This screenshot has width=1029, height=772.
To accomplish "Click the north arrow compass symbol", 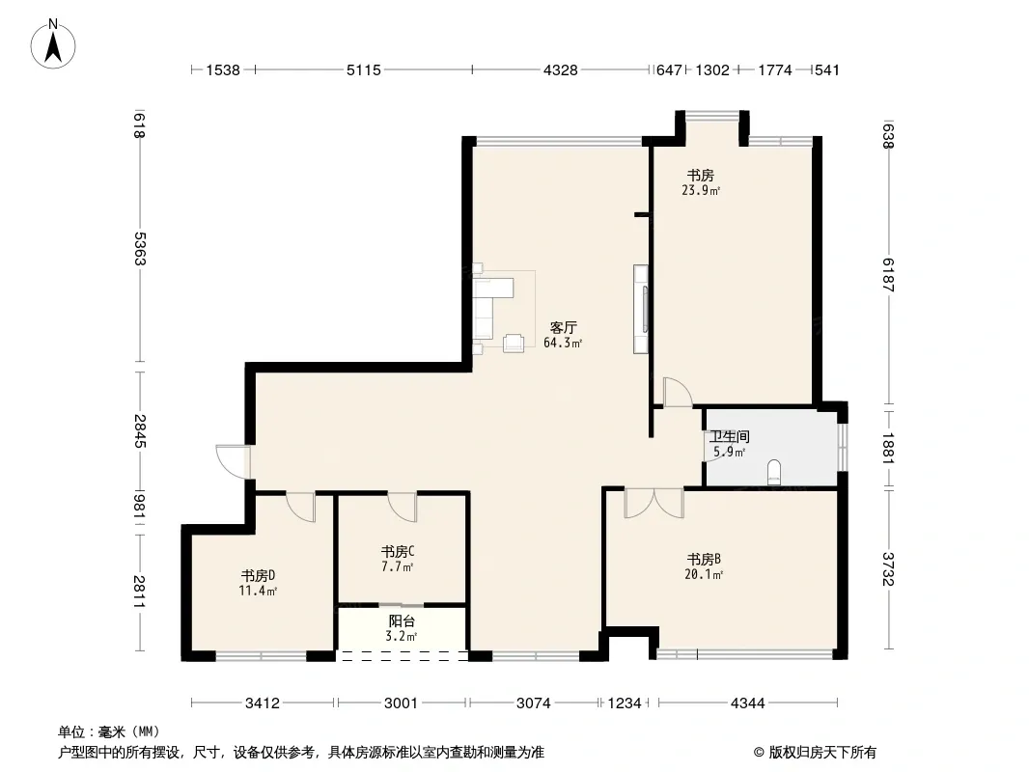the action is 53,44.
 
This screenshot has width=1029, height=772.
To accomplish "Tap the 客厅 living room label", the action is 563,327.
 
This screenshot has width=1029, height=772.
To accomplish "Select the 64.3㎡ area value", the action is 563,343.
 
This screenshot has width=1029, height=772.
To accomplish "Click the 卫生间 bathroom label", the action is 729,436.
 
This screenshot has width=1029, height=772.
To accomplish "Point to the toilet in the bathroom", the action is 774,473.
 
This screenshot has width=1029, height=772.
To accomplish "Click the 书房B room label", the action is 704,560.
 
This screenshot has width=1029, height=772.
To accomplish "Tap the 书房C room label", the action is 398,552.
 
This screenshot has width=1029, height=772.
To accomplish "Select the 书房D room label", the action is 258,576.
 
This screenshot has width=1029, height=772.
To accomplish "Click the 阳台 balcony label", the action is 402,621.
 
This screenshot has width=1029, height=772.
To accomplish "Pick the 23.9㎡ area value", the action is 701,191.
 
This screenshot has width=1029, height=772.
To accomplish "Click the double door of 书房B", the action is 654,503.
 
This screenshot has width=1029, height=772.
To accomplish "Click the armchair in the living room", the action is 514,343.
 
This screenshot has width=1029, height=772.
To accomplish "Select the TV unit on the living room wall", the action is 641,309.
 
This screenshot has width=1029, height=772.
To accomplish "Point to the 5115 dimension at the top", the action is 364,70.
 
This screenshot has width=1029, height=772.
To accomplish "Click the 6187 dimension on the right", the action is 888,275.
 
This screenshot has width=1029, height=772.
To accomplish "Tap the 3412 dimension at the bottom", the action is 263,703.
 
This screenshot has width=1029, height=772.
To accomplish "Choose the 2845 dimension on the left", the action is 139,431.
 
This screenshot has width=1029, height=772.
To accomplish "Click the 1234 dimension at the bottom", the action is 625,703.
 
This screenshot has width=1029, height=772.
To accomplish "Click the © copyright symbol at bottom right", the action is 760,753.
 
